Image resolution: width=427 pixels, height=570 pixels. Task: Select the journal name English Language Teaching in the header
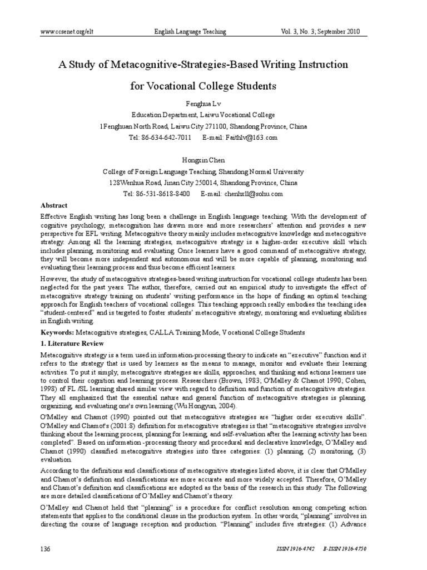click(190, 32)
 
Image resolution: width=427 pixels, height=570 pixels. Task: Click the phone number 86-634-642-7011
click(167, 137)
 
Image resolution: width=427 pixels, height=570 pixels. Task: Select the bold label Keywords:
click(57, 332)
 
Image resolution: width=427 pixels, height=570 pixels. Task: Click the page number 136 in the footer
click(46, 549)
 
